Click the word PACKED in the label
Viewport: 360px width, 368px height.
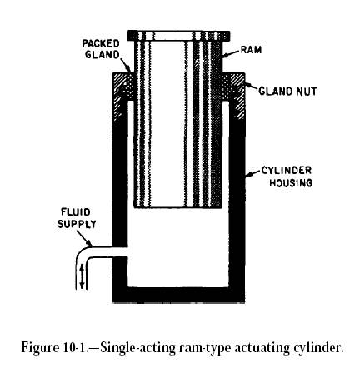tap(101, 43)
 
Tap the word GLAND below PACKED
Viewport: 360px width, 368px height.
tap(102, 55)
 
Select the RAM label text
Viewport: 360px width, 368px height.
tap(251, 50)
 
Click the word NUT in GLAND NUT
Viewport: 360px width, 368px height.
tap(306, 91)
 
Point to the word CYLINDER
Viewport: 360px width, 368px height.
tap(287, 171)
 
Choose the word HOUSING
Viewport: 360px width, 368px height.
tap(291, 182)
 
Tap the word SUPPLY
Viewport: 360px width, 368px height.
tap(77, 224)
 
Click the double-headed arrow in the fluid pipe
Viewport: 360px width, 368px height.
tap(82, 276)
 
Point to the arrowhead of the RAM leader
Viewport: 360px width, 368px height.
tap(225, 55)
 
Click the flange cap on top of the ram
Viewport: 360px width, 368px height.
tap(178, 36)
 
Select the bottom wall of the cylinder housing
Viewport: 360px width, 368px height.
tap(178, 295)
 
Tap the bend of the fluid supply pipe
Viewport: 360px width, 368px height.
tap(82, 252)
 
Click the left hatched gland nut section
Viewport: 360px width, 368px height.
tap(122, 93)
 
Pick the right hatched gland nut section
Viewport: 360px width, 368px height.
tap(233, 94)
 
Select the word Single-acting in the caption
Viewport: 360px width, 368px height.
tap(137, 348)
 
